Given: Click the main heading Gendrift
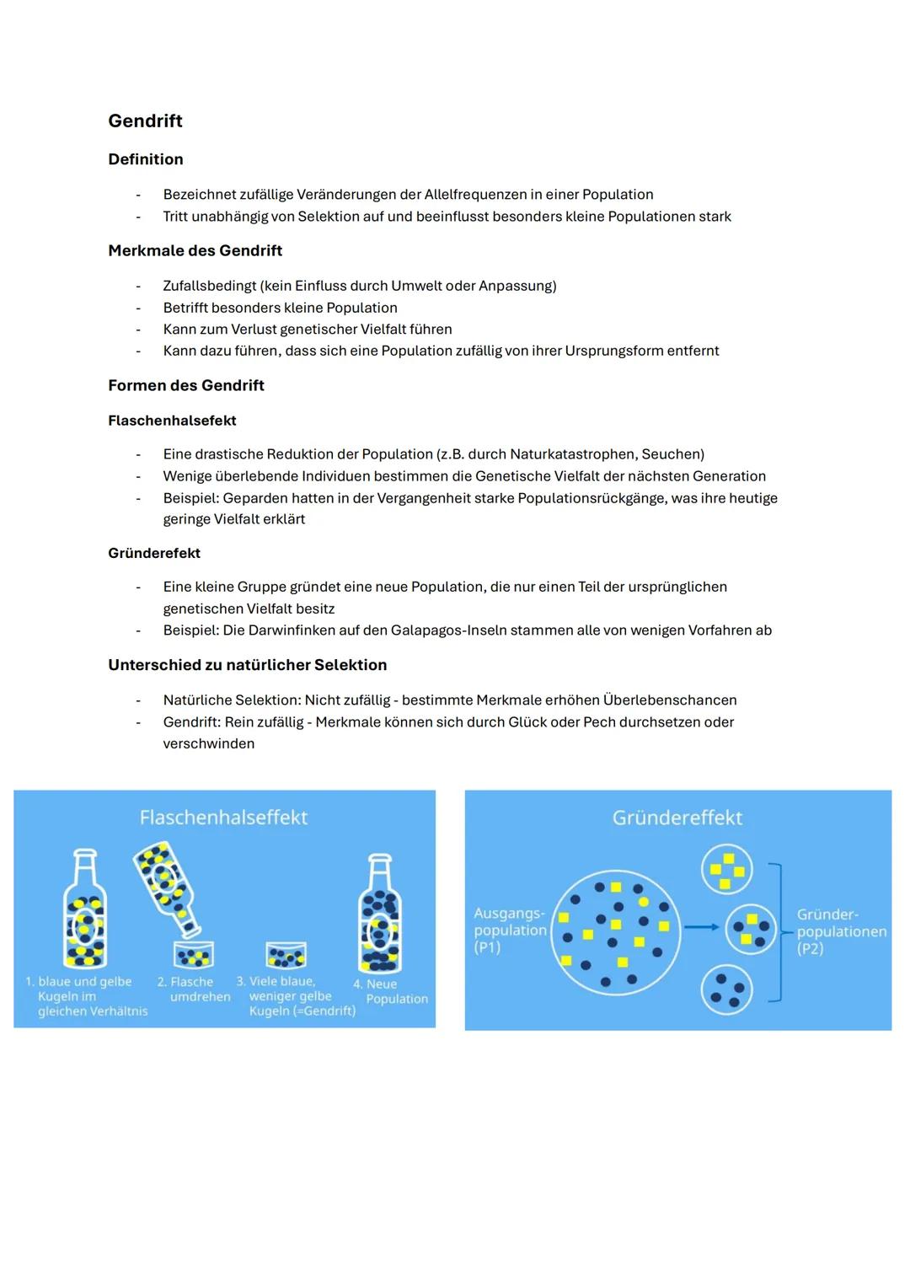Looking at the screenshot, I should coord(145,121).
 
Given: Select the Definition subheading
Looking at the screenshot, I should coord(145,159).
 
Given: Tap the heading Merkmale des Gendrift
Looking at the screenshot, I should coord(195,250).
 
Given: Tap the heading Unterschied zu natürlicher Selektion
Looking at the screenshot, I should coord(247,665).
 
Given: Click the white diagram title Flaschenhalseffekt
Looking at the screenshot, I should coord(223,818).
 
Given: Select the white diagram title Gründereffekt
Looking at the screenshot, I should coord(677,818).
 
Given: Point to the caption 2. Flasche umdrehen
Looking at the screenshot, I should coord(193,989).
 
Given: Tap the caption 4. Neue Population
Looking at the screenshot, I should coord(390,991).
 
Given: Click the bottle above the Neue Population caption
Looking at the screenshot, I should coord(380,912).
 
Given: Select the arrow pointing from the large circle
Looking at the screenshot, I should coord(700,927).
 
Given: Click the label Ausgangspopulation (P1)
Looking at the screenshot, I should coord(509,930).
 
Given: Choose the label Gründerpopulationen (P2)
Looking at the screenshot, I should coord(841,931).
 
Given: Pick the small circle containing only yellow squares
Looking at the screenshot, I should coord(726,869).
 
